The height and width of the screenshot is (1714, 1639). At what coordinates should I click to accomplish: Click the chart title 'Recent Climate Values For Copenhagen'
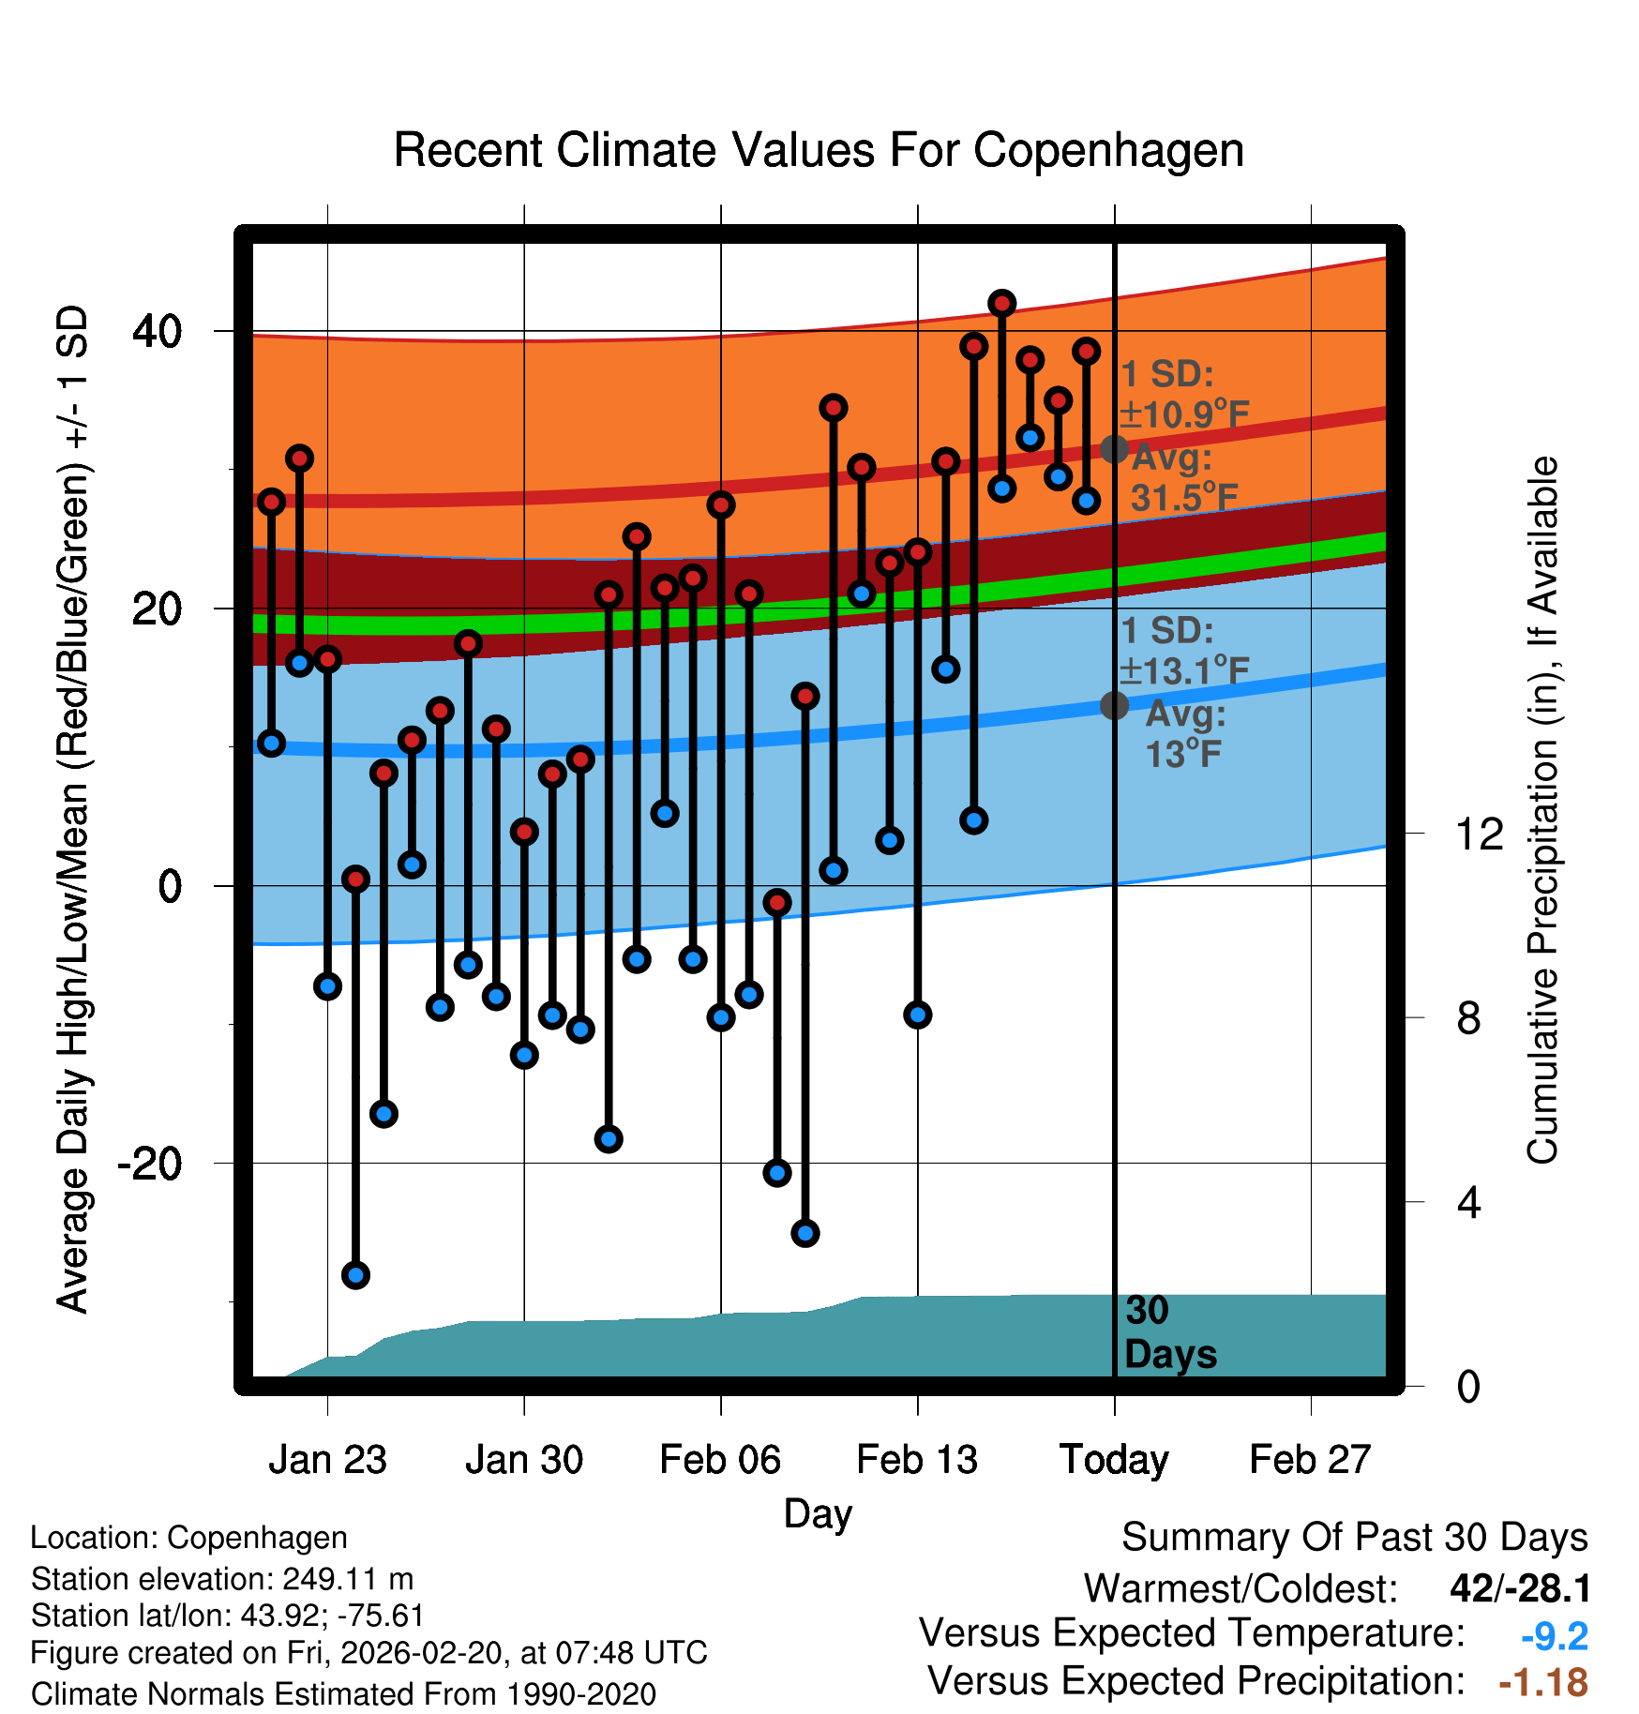[819, 150]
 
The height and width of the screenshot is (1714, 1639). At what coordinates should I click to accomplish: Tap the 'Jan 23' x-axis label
[327, 1460]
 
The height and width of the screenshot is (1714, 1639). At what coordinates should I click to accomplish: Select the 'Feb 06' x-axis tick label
[720, 1460]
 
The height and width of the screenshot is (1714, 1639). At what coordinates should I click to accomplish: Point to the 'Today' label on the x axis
[1114, 1460]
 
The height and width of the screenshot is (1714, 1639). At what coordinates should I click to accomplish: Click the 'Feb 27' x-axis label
[1310, 1460]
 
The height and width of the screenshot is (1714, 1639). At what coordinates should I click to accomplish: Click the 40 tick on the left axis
[157, 331]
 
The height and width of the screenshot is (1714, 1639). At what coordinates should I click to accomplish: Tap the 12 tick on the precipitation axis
[1479, 834]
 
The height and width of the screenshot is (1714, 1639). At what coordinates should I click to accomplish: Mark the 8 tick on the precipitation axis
[1468, 1018]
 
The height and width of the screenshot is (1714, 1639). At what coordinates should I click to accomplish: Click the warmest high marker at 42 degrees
[1002, 304]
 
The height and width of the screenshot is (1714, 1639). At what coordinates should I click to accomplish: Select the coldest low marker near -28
[355, 1275]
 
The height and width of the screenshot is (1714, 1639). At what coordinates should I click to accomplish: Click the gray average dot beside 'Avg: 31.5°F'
[1114, 449]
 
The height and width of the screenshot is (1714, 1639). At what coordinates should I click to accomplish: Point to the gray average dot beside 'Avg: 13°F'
[1114, 705]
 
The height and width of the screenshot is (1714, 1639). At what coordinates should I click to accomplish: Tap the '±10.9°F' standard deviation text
[1184, 414]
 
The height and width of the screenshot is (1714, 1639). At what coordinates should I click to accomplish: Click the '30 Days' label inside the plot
[1169, 1332]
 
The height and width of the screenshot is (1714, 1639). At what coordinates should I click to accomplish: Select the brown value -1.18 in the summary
[1543, 1682]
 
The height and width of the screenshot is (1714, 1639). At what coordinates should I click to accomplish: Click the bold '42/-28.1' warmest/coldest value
[1520, 1588]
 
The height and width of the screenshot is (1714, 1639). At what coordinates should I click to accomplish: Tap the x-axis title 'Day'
[818, 1513]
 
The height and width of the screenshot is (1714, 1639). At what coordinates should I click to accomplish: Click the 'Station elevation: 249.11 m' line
[222, 1579]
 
